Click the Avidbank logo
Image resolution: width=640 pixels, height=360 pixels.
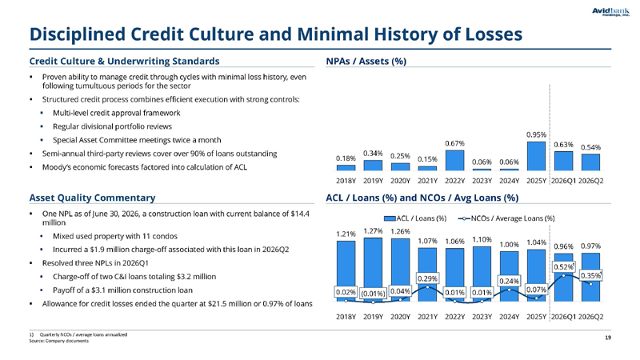click(x=610, y=11)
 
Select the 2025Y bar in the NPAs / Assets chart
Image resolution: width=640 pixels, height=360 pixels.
click(x=536, y=156)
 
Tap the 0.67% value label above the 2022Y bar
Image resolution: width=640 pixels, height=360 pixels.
click(x=454, y=144)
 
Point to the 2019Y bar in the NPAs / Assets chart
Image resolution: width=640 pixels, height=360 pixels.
click(x=373, y=166)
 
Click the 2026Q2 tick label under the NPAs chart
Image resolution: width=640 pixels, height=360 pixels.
click(x=590, y=181)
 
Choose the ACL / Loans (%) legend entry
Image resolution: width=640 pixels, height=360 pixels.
click(x=415, y=218)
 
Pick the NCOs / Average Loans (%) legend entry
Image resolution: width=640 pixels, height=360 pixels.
click(x=506, y=218)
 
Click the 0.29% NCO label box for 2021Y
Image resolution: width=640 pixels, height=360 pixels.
click(x=428, y=278)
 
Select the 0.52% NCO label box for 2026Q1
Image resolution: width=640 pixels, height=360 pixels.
click(x=564, y=267)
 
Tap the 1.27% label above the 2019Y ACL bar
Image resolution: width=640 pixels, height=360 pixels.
click(x=373, y=231)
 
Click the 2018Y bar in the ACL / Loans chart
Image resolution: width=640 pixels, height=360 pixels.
click(x=346, y=271)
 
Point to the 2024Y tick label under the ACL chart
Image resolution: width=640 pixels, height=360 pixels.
click(x=509, y=317)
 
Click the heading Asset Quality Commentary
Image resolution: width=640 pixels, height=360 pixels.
click(x=92, y=198)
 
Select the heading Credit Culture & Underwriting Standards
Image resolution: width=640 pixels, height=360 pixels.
click(x=125, y=62)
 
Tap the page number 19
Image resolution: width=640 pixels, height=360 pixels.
click(x=608, y=338)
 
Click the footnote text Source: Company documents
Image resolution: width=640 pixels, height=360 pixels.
click(x=58, y=341)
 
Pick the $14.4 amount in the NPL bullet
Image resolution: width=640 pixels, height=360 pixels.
click(x=300, y=214)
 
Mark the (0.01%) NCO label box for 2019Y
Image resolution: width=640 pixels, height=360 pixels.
click(x=373, y=293)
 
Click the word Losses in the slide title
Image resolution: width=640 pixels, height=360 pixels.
click(x=494, y=34)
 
